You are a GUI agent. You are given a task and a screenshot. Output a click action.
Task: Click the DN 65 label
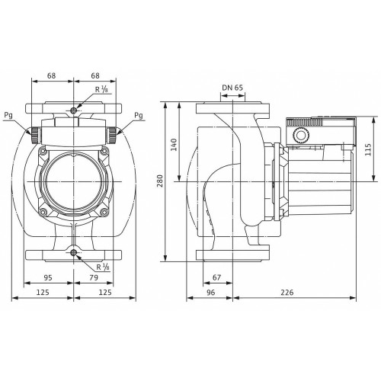[x=232, y=88]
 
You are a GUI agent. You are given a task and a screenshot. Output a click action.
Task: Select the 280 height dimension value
[x=160, y=181]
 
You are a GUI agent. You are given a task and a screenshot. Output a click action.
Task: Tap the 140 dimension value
[x=174, y=145]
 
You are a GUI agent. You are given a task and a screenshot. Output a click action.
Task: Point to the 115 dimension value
[x=368, y=149]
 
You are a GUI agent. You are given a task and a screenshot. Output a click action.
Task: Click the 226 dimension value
[x=287, y=293]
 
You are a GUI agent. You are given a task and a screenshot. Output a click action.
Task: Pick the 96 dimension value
[x=211, y=293]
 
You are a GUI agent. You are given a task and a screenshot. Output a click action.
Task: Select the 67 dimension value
[x=216, y=277]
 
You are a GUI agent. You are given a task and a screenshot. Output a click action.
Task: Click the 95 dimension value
[x=48, y=277]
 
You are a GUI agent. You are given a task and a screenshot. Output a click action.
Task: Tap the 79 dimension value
[x=94, y=277]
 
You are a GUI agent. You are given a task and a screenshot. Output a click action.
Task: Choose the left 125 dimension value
[x=43, y=293]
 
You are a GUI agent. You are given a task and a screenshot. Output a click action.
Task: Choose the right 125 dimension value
[x=105, y=293]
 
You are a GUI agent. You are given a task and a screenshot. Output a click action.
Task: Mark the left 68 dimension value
[x=51, y=75]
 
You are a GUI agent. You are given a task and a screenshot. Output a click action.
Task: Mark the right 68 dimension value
[x=95, y=75]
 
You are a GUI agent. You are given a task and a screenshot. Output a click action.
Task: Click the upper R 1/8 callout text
[x=101, y=89]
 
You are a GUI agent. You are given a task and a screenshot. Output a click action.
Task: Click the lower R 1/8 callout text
[x=103, y=267]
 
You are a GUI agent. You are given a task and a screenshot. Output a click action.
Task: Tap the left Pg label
[x=8, y=116]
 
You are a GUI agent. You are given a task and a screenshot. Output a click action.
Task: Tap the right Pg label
[x=139, y=116]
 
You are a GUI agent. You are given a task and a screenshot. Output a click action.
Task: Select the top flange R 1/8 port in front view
[x=74, y=110]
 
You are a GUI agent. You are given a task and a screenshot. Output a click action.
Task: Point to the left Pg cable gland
[x=35, y=135]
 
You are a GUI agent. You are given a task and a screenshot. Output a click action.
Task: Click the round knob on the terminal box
[x=301, y=135]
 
